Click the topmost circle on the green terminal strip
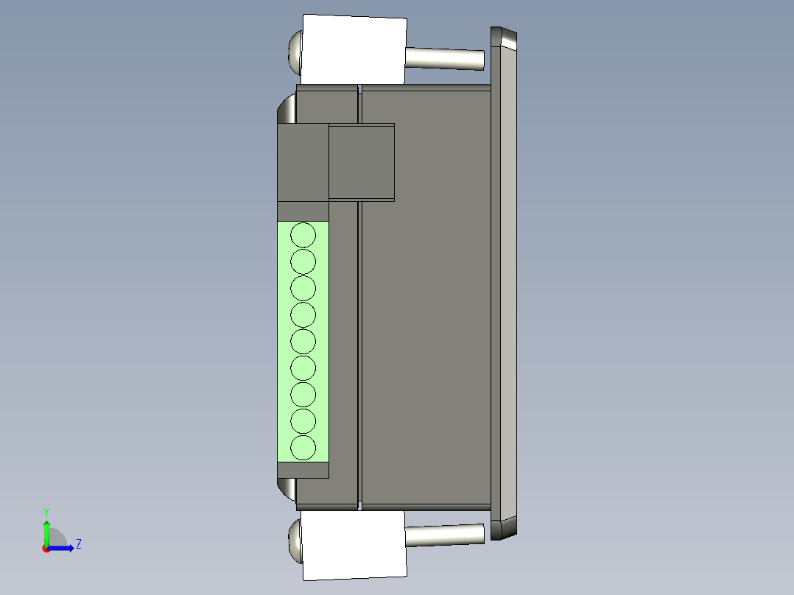click(x=303, y=235)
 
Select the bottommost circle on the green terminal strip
click(x=303, y=447)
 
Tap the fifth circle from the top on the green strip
click(x=303, y=341)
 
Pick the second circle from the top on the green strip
click(x=303, y=261)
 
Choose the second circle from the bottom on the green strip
click(x=303, y=420)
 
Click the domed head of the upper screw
click(x=295, y=52)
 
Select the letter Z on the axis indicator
click(x=78, y=544)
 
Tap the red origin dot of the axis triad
click(x=46, y=548)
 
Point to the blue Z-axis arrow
click(x=63, y=548)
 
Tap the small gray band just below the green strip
click(x=303, y=470)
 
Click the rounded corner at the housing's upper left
click(x=286, y=110)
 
